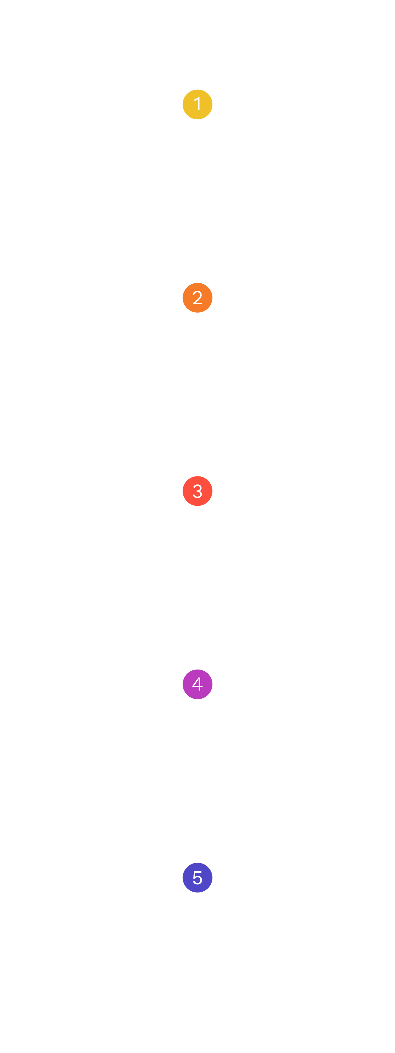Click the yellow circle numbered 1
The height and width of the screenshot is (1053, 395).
point(197,105)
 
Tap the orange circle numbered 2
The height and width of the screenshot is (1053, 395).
point(197,298)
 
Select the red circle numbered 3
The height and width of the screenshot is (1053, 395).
point(197,491)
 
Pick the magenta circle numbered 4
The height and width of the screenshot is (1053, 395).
point(197,685)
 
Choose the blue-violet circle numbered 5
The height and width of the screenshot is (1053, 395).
point(197,878)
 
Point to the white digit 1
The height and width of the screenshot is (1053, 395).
point(197,104)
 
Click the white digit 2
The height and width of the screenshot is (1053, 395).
point(197,298)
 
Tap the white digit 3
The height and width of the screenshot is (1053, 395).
point(197,491)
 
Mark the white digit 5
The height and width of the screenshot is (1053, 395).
point(197,878)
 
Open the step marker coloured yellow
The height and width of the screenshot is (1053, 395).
point(197,105)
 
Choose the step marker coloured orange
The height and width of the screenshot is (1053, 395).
point(197,298)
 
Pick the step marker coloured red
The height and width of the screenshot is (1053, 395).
point(197,491)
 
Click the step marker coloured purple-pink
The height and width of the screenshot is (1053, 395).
point(197,685)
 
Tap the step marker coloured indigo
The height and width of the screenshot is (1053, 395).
point(197,878)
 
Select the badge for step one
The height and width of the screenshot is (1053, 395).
point(197,105)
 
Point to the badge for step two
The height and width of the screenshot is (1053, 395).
point(197,298)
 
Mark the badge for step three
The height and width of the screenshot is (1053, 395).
point(197,491)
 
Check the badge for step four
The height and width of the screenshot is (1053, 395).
point(197,685)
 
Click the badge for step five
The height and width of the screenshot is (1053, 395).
point(197,878)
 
